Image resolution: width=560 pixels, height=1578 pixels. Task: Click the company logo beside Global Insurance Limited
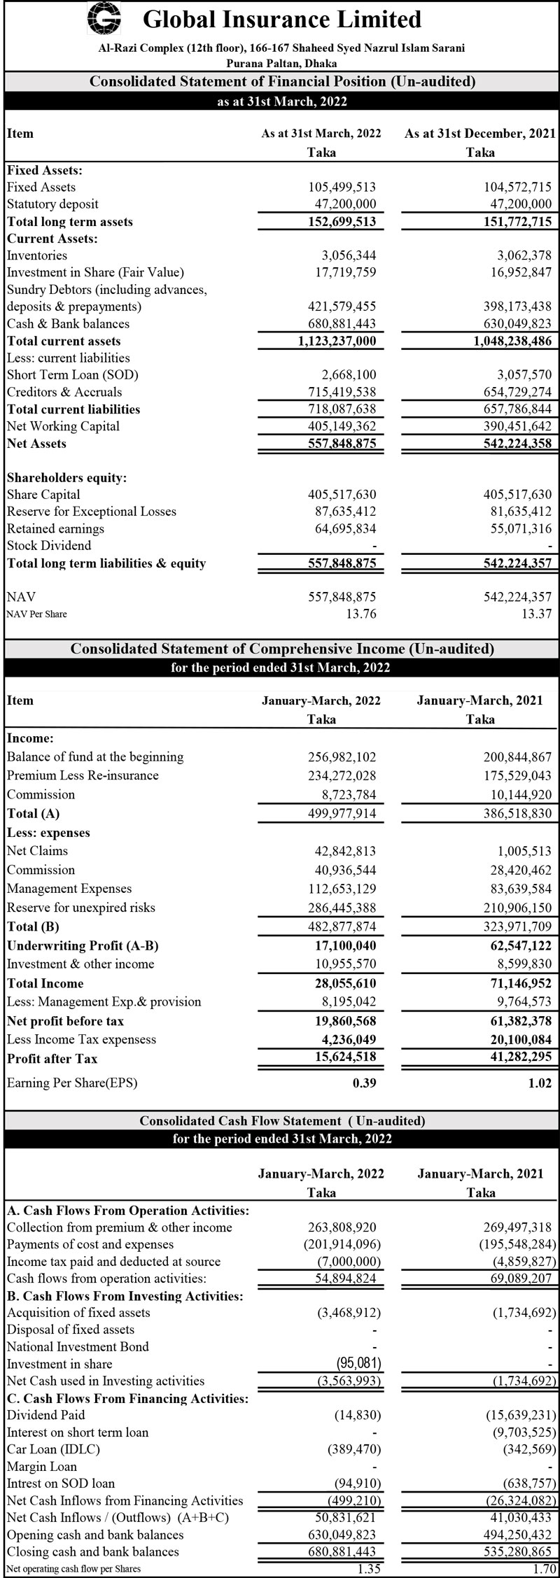click(104, 18)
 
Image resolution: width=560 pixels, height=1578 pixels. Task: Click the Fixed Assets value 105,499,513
click(342, 187)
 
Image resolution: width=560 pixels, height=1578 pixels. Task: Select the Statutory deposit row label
click(52, 204)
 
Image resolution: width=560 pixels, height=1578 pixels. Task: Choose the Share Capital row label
click(43, 495)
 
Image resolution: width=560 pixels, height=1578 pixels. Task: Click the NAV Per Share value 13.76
click(361, 614)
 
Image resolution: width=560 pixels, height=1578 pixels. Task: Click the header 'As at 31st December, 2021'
click(479, 134)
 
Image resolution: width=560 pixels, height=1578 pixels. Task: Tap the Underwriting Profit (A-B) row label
click(83, 945)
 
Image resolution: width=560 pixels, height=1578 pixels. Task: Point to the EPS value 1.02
click(538, 1083)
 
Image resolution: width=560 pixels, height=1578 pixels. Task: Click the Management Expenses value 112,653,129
click(342, 889)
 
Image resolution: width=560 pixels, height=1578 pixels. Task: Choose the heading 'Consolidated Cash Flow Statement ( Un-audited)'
click(282, 1120)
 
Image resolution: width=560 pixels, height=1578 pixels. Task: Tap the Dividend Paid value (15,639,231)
click(520, 1415)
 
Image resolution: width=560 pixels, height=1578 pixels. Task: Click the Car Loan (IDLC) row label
click(53, 1449)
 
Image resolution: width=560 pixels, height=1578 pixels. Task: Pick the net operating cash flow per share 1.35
click(364, 1569)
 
